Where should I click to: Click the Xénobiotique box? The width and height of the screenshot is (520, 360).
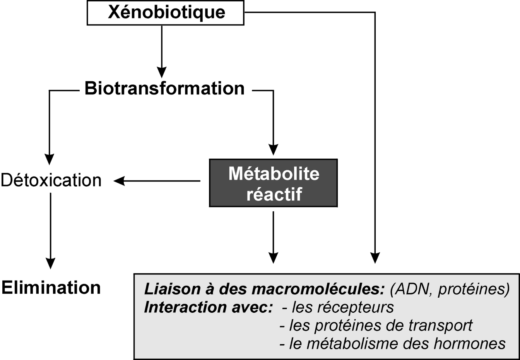(x=165, y=12)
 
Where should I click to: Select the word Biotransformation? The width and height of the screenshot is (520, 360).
(x=164, y=89)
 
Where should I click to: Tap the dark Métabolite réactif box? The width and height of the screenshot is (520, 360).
(x=273, y=183)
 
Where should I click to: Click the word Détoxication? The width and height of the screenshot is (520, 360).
(x=51, y=180)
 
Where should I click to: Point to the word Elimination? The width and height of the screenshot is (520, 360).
(x=51, y=288)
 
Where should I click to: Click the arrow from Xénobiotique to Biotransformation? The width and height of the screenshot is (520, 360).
(x=162, y=51)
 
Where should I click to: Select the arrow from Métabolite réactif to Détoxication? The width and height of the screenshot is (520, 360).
(x=157, y=181)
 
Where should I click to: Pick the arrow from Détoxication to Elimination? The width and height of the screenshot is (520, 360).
(x=51, y=231)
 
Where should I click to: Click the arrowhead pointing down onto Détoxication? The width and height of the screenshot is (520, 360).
(x=49, y=159)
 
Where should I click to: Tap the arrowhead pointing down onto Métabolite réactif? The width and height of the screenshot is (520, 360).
(x=273, y=149)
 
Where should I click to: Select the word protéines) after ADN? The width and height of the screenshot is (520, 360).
(x=474, y=290)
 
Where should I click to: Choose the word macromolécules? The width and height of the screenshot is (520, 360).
(x=301, y=289)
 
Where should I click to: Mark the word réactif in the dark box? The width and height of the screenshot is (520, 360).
(x=274, y=194)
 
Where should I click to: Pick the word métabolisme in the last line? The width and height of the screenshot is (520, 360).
(x=352, y=343)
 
